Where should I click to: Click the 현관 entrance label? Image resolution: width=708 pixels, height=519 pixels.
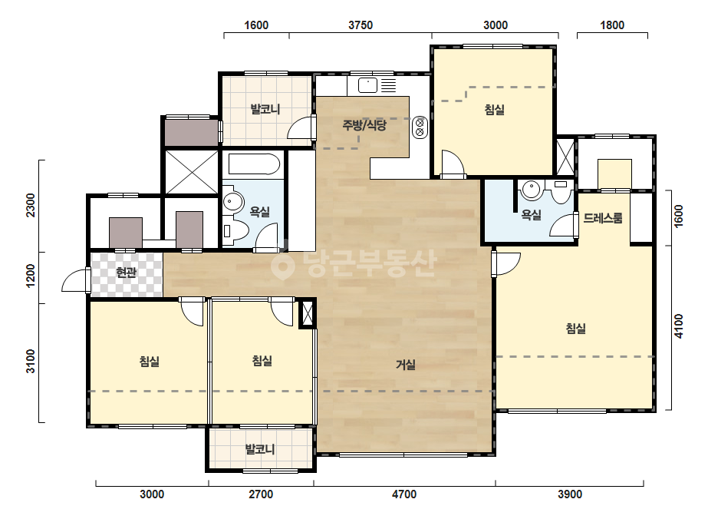click(x=127, y=273)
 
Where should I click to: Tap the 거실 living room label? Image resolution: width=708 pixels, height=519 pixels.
click(x=406, y=365)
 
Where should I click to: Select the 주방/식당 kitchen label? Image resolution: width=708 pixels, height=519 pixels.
click(x=364, y=125)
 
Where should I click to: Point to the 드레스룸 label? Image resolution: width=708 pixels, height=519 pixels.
click(x=603, y=218)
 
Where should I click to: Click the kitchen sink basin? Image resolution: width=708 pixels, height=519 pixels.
click(x=367, y=85)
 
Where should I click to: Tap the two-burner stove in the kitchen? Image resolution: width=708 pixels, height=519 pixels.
click(x=420, y=127)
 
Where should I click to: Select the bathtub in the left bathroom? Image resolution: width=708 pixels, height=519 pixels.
click(x=254, y=164)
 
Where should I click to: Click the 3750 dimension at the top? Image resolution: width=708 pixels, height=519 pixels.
click(x=361, y=25)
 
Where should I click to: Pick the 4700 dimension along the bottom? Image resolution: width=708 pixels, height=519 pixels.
click(x=404, y=494)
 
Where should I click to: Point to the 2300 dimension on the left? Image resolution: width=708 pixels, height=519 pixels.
click(x=31, y=205)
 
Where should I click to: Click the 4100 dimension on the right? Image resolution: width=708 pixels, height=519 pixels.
click(x=679, y=326)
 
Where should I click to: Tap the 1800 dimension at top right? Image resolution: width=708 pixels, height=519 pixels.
click(x=612, y=25)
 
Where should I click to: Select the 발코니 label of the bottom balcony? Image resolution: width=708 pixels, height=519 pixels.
click(x=260, y=449)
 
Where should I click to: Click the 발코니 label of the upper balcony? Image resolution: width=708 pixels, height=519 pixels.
click(x=265, y=109)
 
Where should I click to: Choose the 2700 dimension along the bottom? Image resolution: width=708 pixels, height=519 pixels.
click(x=261, y=494)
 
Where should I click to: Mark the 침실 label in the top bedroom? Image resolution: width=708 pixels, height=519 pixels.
click(x=495, y=110)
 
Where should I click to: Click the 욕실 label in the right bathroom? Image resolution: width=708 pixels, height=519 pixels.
click(x=531, y=215)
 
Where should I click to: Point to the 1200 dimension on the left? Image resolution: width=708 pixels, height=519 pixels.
click(x=31, y=276)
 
